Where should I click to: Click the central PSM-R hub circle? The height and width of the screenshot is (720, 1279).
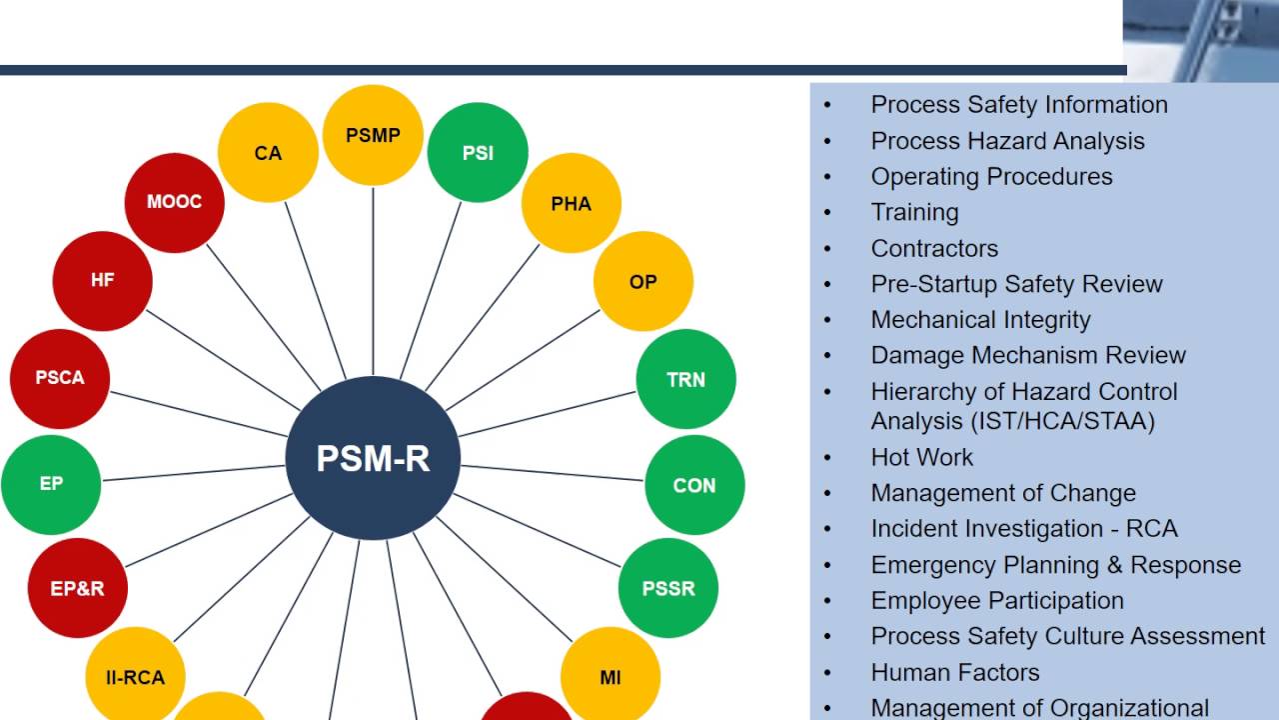click(373, 458)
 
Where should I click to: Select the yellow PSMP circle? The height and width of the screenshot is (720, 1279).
click(373, 135)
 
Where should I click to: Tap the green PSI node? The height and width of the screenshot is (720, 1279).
click(478, 153)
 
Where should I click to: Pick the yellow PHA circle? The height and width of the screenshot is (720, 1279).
click(571, 203)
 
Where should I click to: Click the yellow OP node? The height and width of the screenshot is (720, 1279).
click(642, 281)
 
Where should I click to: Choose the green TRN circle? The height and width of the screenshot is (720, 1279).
click(685, 379)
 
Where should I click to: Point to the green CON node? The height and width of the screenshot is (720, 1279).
click(694, 485)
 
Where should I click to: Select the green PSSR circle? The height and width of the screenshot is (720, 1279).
click(667, 588)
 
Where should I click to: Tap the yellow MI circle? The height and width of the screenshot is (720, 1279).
click(610, 677)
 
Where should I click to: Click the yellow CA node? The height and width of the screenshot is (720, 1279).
click(268, 153)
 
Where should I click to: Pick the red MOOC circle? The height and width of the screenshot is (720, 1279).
click(174, 202)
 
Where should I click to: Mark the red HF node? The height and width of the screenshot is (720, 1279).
click(102, 280)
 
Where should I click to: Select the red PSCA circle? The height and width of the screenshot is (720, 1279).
click(60, 378)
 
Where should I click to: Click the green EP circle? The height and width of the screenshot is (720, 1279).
click(51, 484)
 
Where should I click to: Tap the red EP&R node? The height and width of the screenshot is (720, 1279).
click(77, 588)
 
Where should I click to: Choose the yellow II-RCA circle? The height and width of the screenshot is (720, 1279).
click(135, 677)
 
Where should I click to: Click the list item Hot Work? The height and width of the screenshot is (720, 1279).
click(921, 457)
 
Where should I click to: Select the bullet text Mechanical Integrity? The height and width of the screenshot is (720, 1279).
click(980, 320)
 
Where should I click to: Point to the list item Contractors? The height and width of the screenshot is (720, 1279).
click(934, 248)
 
